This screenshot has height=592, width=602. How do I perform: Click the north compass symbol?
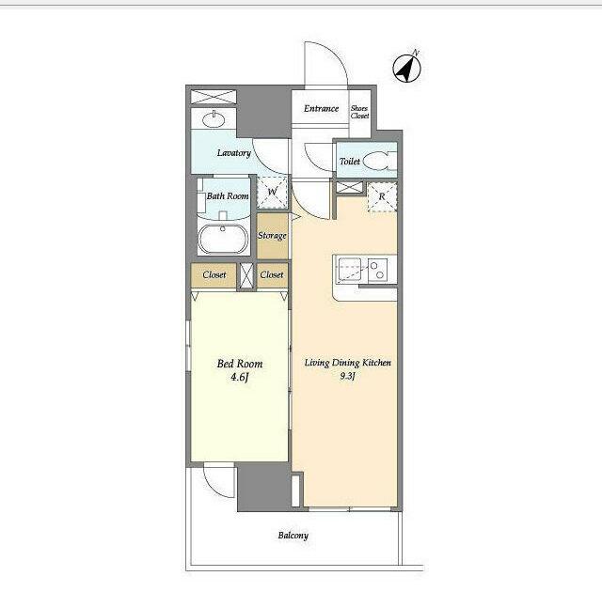point(407,69)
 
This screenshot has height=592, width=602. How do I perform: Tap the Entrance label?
point(321,108)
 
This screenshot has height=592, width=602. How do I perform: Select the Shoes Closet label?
point(359,112)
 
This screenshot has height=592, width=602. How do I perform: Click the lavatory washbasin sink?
point(214,119)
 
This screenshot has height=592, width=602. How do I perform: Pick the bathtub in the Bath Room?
point(223,239)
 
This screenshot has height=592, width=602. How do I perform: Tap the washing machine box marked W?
point(272,192)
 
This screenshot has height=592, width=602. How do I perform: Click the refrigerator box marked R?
point(382,196)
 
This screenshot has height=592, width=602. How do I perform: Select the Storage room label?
point(272,236)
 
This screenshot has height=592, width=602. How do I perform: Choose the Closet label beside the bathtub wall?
point(214,274)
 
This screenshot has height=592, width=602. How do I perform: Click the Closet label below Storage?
point(272,274)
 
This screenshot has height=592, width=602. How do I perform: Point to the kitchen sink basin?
point(349,270)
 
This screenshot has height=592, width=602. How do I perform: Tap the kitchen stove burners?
point(377,270)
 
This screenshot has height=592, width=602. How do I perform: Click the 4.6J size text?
point(240,378)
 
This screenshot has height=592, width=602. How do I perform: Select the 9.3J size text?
point(347,376)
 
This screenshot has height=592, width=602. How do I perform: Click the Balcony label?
point(293,536)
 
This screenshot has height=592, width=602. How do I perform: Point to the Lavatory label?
point(234,153)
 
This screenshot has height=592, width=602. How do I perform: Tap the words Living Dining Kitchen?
point(348,363)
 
